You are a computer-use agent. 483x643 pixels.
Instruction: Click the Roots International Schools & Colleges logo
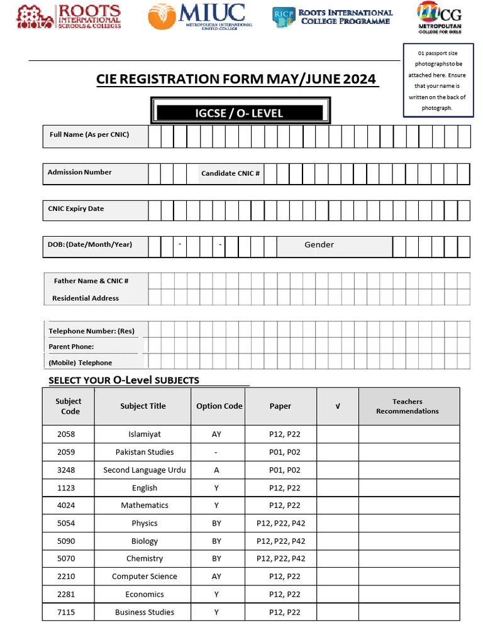pos(68,17)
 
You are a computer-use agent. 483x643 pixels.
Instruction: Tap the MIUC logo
pos(200,16)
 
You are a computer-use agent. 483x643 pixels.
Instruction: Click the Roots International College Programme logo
pos(333,16)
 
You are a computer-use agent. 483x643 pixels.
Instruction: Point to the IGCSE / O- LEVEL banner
pos(240,113)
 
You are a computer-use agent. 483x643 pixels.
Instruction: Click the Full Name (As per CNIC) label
pos(89,134)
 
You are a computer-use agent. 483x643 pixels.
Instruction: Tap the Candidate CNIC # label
pos(230,173)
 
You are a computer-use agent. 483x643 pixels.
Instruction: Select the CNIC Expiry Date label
pos(76,208)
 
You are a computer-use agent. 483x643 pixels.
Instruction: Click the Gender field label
pos(319,245)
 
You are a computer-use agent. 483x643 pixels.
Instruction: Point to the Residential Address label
pos(86,298)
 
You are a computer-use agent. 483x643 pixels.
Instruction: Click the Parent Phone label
pos(71,347)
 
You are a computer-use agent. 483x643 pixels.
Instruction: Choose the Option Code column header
pos(219,406)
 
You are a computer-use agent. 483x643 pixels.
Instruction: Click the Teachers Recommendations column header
pos(408,406)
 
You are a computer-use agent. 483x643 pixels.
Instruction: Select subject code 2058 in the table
pos(66,435)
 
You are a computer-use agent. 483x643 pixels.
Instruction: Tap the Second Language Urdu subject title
pos(145,470)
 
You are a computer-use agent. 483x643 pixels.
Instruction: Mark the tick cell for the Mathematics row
pos(338,505)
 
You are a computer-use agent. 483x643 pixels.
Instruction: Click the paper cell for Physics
pos(280,523)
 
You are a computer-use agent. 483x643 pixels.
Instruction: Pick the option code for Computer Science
pos(216,576)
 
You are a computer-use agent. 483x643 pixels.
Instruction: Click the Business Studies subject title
pos(145,612)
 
